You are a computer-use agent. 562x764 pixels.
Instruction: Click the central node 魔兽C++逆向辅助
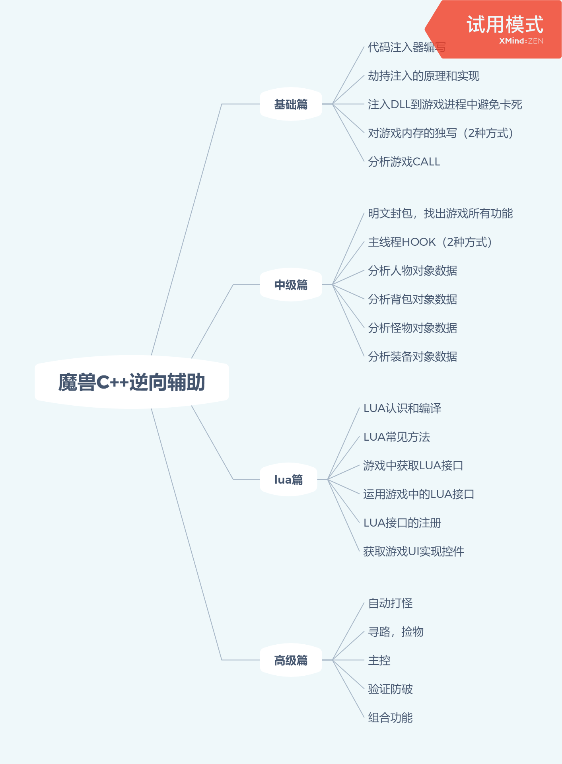point(132,382)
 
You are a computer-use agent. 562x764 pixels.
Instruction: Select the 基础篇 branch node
point(291,104)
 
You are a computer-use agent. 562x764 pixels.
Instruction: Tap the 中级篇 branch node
point(291,285)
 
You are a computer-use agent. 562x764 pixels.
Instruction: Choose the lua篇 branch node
point(288,480)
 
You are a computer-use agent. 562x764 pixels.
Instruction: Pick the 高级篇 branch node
point(291,660)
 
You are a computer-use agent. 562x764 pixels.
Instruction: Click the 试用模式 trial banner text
point(505,24)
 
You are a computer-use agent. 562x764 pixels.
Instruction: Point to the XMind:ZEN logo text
point(521,41)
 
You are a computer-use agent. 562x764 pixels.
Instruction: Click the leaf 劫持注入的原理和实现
point(424,76)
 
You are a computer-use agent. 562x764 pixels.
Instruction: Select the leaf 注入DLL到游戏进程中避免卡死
point(445,104)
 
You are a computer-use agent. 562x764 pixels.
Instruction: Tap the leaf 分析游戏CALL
point(404,161)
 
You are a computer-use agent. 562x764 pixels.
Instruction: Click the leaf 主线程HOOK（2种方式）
point(430,242)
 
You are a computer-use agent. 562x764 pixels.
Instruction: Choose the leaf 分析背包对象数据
point(412,299)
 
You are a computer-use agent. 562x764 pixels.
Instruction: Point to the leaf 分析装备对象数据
point(412,356)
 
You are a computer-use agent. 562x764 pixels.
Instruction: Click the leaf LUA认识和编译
point(403,408)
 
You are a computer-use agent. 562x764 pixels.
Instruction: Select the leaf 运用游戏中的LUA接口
point(419,494)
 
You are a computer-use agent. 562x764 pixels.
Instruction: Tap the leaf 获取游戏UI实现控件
point(414,551)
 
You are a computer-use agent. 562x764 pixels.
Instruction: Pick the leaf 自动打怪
point(390,603)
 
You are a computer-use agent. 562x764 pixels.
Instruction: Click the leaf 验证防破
point(390,689)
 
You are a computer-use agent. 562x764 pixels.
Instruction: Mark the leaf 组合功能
point(390,717)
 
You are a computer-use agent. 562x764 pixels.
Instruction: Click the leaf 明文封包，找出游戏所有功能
point(440,213)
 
